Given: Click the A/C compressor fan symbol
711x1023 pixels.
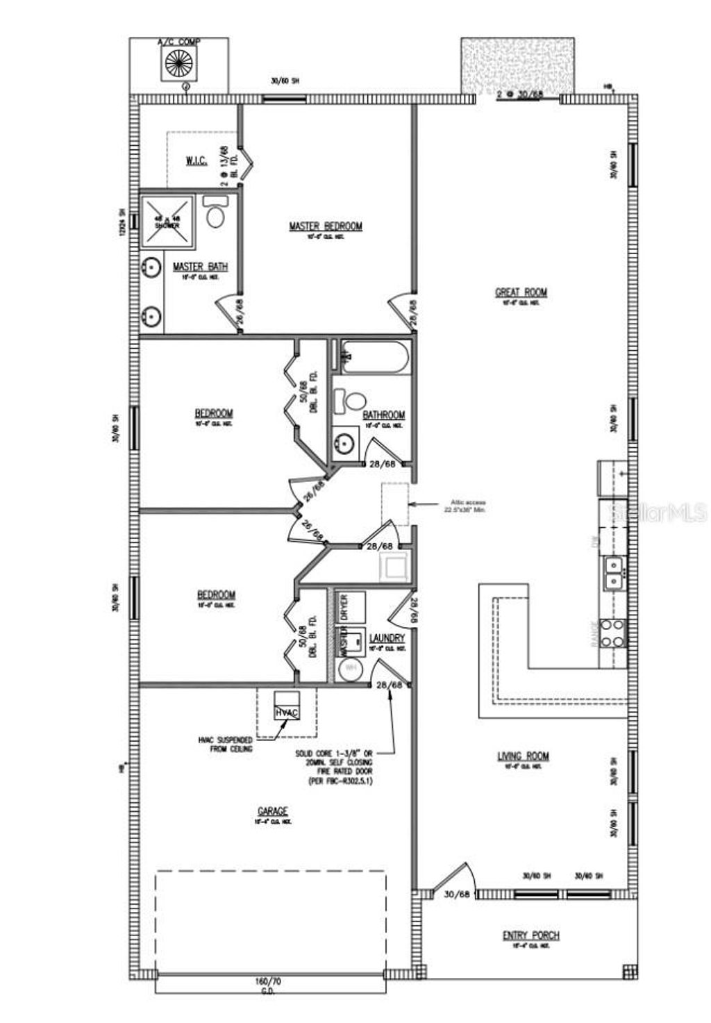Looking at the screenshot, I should [178, 64].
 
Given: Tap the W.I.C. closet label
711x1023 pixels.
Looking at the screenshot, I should [196, 161].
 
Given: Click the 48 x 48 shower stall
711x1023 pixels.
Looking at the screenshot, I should [168, 222].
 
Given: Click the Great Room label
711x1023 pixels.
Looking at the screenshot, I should [521, 292].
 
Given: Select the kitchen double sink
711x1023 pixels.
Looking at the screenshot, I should [614, 572].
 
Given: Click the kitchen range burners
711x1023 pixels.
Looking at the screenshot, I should [614, 633].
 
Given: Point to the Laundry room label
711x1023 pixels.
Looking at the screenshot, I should [387, 638].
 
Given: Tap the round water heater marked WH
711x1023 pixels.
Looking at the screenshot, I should [350, 668].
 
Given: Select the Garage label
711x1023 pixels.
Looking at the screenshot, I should [272, 811].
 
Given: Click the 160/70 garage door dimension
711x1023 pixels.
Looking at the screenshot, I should [269, 982].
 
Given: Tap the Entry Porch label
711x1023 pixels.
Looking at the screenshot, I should [530, 935].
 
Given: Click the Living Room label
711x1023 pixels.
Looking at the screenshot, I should [523, 756].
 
